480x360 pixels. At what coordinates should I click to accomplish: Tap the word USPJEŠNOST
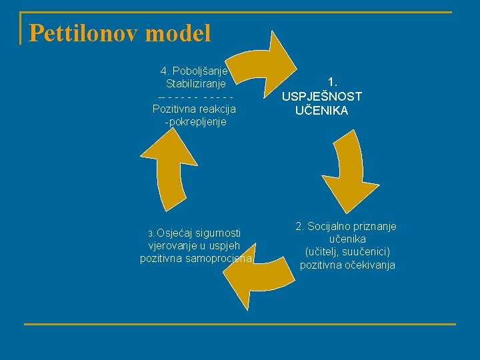(322, 97)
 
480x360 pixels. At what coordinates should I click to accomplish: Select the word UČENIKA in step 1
(322, 111)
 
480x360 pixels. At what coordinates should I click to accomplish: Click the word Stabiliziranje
(195, 84)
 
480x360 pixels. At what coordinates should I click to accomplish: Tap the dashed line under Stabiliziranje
(195, 97)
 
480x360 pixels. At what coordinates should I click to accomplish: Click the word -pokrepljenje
(195, 122)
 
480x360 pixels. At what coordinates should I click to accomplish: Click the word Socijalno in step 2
(330, 227)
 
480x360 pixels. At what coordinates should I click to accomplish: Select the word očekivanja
(367, 265)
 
